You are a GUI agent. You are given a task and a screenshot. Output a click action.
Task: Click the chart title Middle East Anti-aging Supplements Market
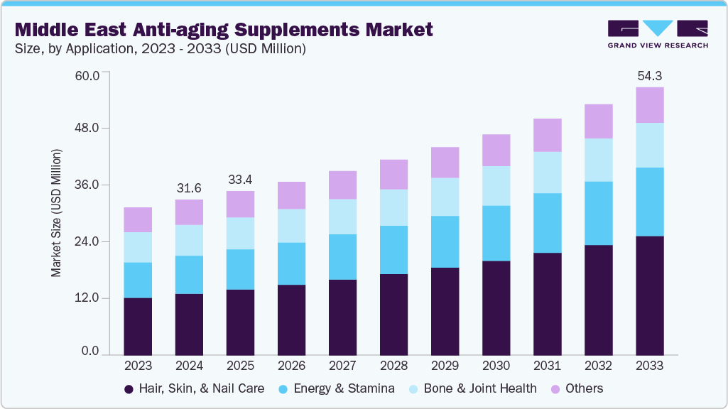(224, 30)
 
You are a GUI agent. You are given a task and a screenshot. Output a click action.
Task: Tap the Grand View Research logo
(657, 33)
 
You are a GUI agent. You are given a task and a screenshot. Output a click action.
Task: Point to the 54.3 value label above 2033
(649, 75)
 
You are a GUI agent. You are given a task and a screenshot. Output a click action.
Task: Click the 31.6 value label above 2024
(189, 187)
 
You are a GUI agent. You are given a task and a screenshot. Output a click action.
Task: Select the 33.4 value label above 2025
(240, 179)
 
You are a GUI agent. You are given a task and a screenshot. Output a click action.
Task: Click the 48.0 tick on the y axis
(91, 129)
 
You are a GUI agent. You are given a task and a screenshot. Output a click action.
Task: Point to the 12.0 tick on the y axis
(91, 298)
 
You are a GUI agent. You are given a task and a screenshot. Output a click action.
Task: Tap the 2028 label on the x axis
(393, 366)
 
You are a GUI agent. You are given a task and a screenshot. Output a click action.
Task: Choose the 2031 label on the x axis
(547, 366)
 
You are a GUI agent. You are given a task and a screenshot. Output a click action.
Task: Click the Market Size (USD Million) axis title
(56, 213)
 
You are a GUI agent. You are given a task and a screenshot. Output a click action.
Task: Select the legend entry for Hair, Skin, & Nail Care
(194, 388)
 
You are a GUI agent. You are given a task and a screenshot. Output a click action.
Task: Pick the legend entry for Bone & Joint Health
(472, 388)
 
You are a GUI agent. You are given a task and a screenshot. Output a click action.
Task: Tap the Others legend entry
(577, 388)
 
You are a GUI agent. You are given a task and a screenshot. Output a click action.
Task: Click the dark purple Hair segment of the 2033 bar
(649, 295)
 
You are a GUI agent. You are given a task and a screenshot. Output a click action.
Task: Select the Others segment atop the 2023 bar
(138, 219)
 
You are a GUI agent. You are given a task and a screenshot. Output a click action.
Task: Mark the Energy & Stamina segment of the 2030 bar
(496, 234)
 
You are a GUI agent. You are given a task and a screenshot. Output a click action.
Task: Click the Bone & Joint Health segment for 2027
(342, 217)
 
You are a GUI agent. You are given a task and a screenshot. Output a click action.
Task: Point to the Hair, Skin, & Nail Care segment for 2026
(291, 320)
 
